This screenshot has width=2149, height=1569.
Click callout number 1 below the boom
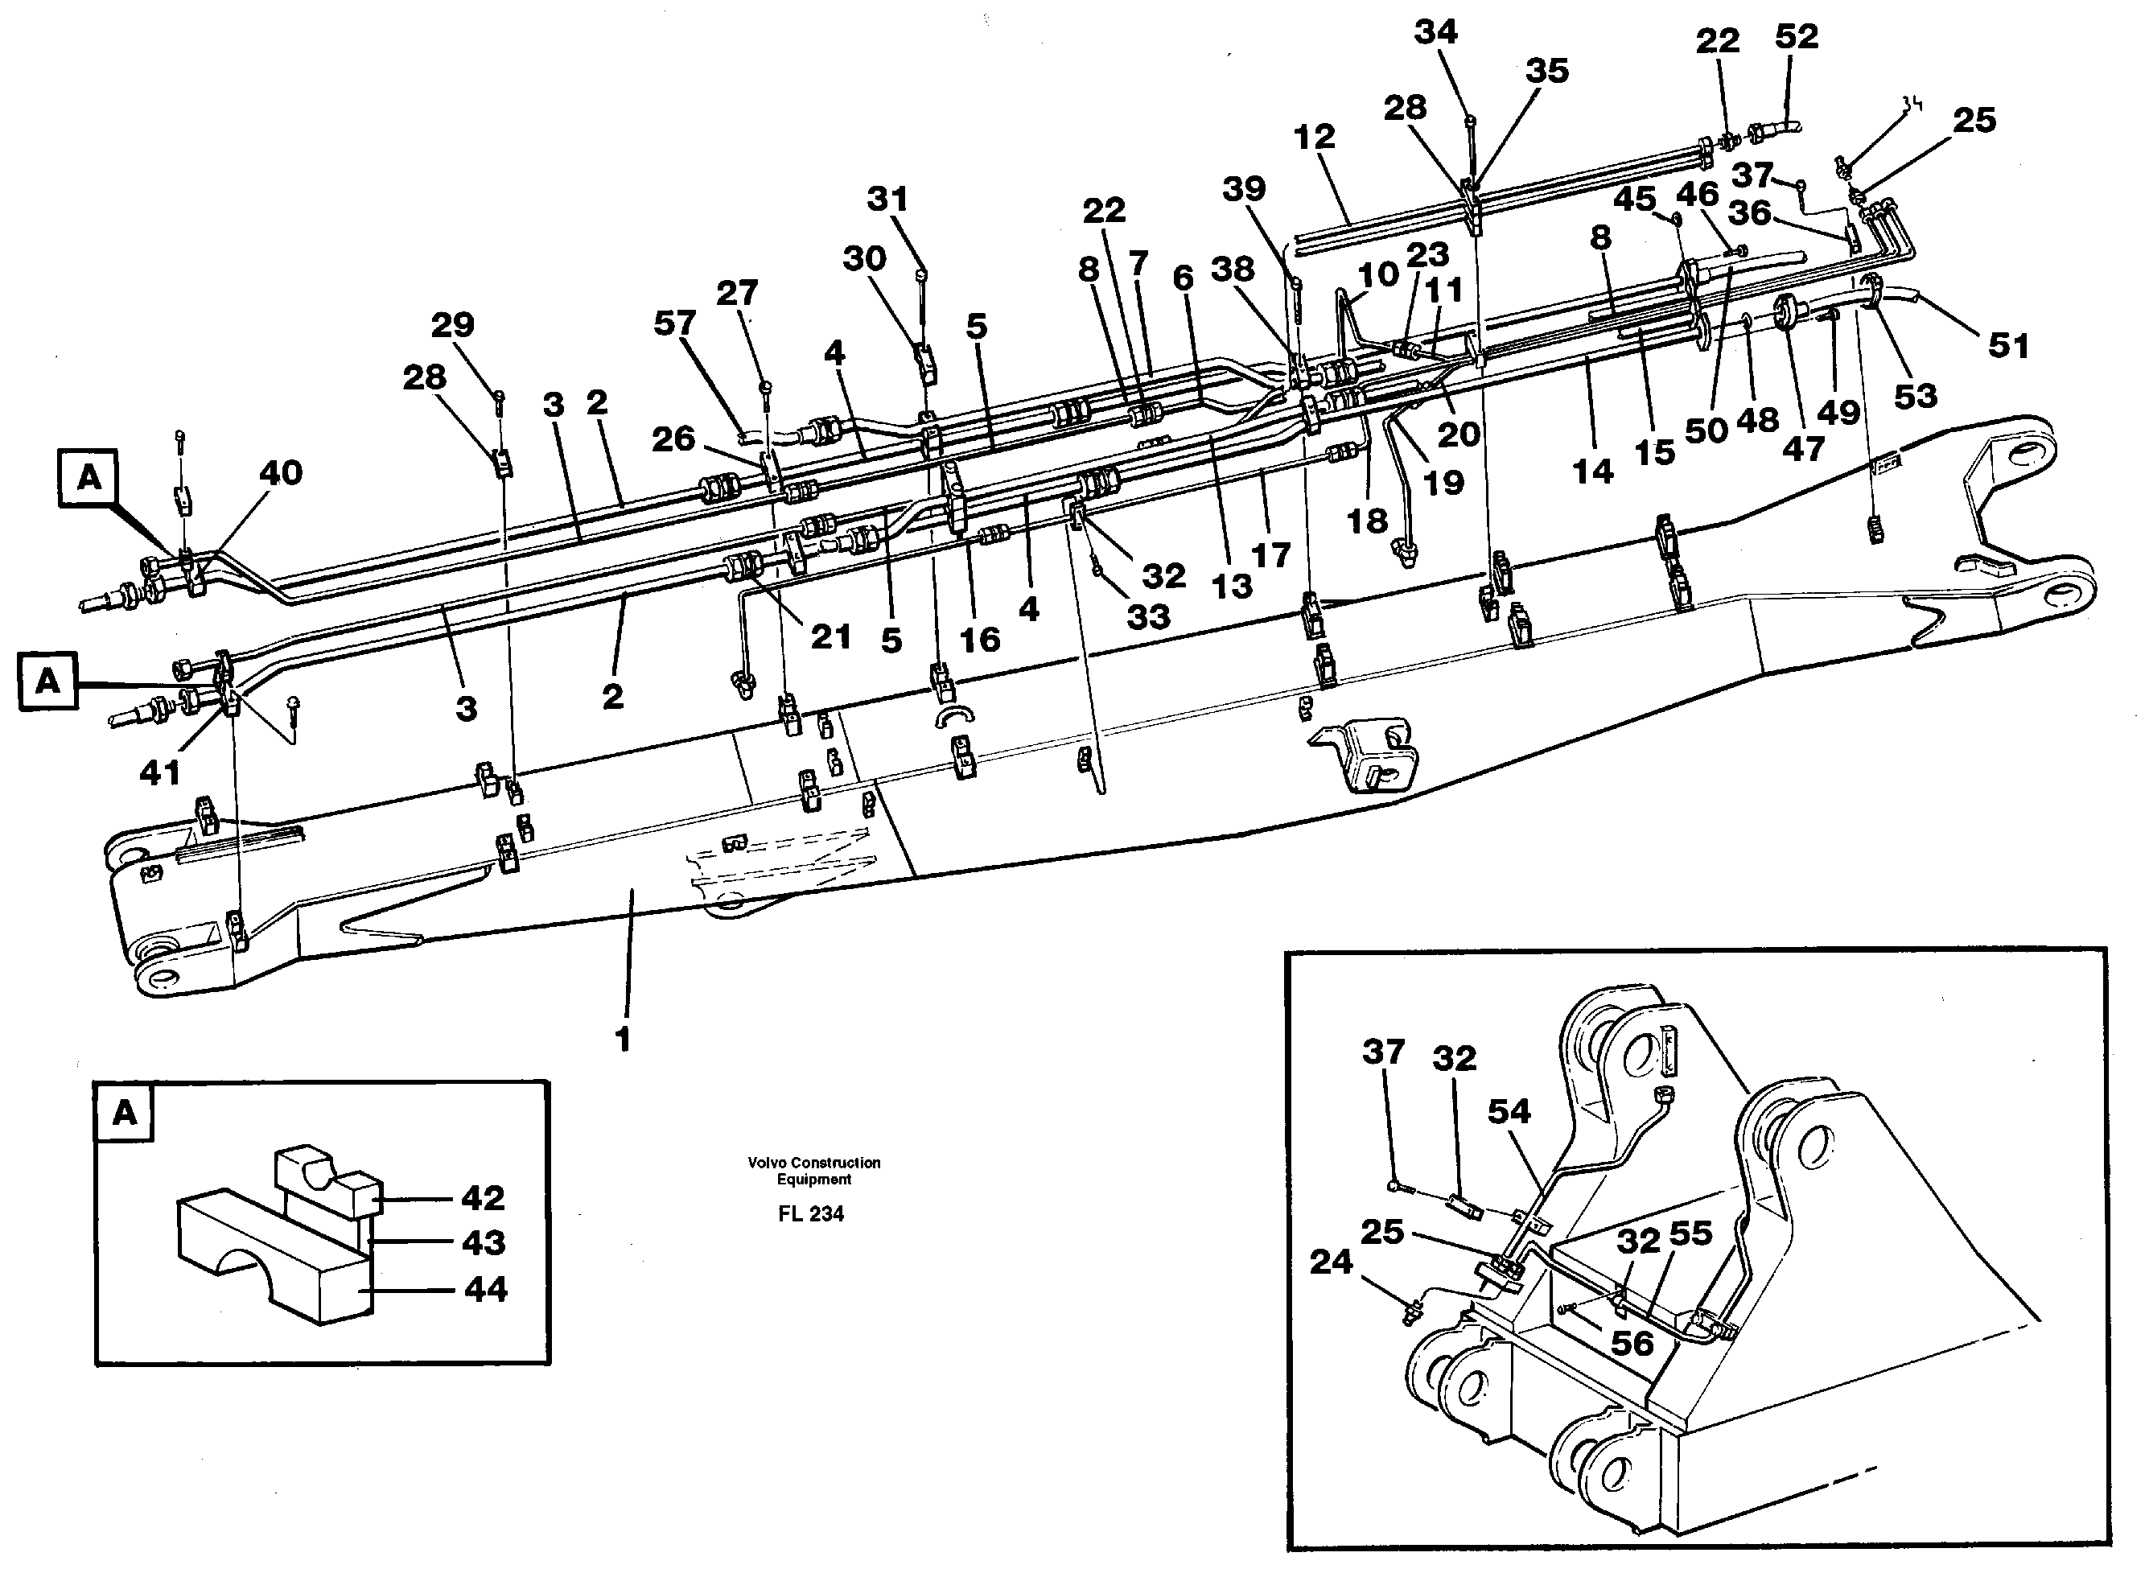click(x=623, y=1041)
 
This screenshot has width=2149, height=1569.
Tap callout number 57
click(x=674, y=324)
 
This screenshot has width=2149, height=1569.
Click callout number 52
click(x=1796, y=37)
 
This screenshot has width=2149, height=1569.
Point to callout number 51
click(x=2008, y=346)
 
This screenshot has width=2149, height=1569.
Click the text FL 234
click(x=810, y=1214)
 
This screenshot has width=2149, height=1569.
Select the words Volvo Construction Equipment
click(x=814, y=1171)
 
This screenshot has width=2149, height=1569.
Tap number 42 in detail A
click(x=483, y=1199)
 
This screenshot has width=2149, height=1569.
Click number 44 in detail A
click(x=485, y=1290)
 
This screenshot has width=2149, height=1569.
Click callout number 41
click(x=159, y=773)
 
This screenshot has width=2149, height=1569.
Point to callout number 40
click(x=280, y=473)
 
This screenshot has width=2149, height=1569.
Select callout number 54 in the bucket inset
click(x=1509, y=1111)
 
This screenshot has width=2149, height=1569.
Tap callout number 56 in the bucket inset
click(x=1632, y=1344)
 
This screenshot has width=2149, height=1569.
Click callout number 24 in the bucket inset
click(x=1331, y=1262)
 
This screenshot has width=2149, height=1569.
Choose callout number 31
click(x=887, y=200)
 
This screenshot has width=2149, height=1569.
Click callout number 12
click(x=1315, y=137)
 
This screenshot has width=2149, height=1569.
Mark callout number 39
click(x=1243, y=189)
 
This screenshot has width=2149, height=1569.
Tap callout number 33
click(x=1147, y=617)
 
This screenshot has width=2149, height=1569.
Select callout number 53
click(x=1914, y=396)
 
